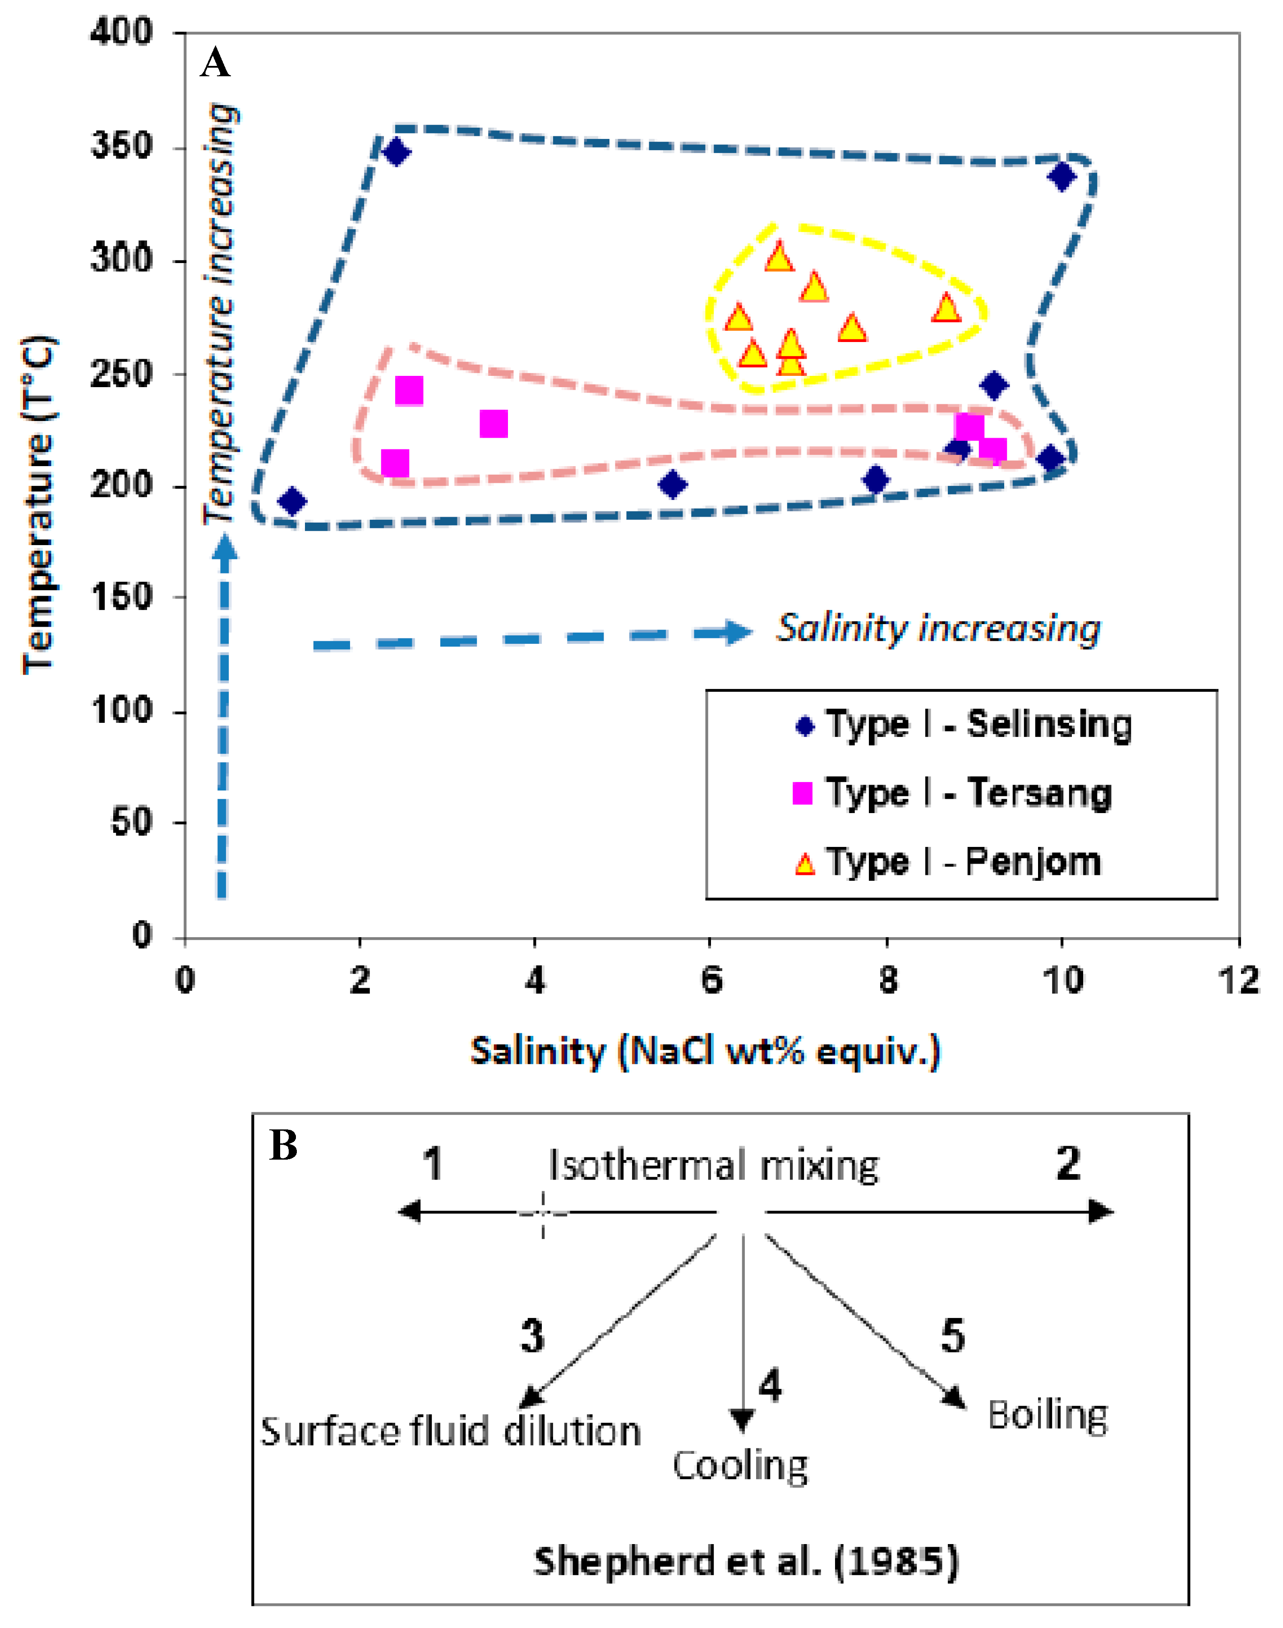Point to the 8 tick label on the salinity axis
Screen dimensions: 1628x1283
coord(888,980)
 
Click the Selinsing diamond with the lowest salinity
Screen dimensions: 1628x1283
coord(292,501)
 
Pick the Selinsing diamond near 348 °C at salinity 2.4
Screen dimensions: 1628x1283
coord(396,153)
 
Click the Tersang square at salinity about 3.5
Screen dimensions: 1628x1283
coord(494,424)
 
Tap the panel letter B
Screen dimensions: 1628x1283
coord(284,1147)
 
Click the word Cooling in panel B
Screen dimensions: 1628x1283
coord(740,1466)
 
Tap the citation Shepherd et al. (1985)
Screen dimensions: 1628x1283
coord(746,1562)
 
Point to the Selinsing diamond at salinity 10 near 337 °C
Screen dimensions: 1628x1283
coord(1062,177)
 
